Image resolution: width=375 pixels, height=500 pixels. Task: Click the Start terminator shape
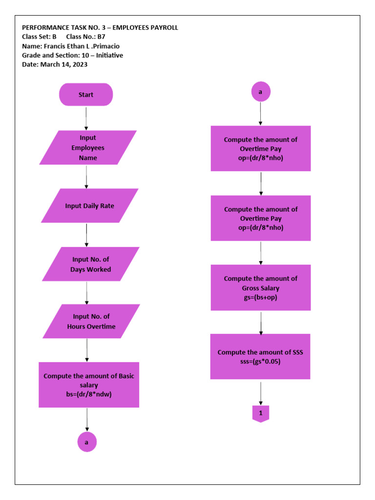click(86, 95)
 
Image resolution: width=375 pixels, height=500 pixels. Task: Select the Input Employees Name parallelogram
click(88, 147)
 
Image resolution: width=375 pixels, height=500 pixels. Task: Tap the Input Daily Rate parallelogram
click(90, 206)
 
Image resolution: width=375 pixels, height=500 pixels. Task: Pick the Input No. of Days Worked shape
click(90, 264)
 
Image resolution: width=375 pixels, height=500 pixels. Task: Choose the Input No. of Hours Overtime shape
click(91, 321)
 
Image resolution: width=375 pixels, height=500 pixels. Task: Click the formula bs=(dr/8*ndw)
click(89, 394)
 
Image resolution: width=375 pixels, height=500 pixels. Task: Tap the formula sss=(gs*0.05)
click(260, 362)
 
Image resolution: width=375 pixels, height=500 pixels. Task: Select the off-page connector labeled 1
click(261, 414)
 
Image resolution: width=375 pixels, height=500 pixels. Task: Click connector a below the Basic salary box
click(87, 442)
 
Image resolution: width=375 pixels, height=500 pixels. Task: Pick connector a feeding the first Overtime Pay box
click(261, 91)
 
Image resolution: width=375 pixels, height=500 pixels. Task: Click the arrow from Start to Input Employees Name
click(86, 118)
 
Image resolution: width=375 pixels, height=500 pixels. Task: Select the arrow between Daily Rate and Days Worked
click(87, 235)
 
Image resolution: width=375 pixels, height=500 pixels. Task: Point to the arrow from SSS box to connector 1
click(261, 393)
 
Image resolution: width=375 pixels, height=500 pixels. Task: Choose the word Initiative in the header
click(109, 55)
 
